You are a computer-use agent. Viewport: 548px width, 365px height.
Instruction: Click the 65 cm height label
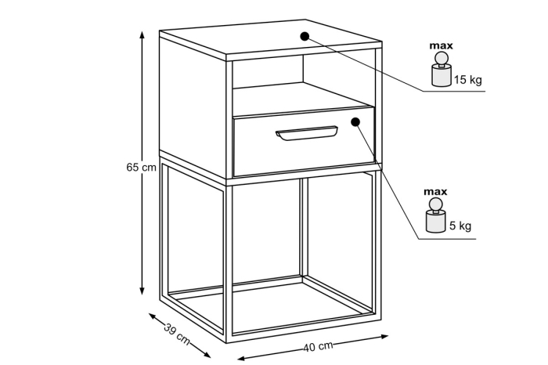pos(141,168)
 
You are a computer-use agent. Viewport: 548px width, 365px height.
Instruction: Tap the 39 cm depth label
pos(177,334)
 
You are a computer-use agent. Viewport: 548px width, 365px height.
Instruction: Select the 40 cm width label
pos(318,346)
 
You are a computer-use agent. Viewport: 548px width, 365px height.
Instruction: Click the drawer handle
pos(307,133)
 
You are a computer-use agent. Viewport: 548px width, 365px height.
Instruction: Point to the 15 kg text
pos(468,80)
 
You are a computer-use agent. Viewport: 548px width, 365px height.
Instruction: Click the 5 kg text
pos(460,226)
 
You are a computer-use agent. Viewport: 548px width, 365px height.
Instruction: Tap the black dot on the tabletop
pos(305,36)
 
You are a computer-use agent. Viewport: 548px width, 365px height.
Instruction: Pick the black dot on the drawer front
pos(355,121)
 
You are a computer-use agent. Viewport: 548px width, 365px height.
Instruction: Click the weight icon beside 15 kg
pos(442,69)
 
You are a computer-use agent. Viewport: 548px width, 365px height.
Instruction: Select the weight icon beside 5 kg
pos(435,215)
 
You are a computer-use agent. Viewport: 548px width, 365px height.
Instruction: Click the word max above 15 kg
pos(441,45)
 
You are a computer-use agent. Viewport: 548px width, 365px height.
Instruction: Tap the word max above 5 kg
pos(435,192)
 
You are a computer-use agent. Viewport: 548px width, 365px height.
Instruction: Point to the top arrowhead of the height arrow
pos(142,35)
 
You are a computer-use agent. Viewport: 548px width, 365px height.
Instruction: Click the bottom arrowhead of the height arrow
pos(142,291)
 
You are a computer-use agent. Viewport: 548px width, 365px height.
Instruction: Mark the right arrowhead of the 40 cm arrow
pos(384,337)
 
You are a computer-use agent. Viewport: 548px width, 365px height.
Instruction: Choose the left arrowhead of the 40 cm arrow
pos(242,358)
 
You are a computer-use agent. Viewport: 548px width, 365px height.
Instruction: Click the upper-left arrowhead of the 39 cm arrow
pos(153,316)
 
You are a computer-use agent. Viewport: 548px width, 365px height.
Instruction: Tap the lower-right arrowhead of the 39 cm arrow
pos(207,355)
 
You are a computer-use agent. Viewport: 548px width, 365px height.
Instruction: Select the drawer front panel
pos(304,142)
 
